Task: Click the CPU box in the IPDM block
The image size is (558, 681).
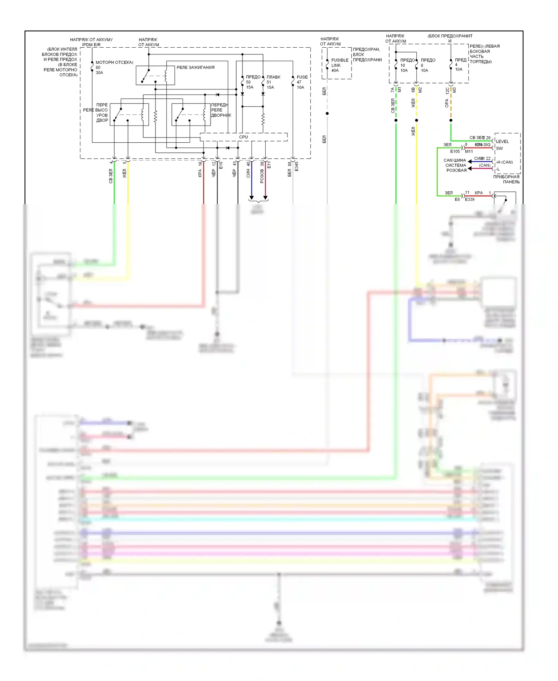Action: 244,137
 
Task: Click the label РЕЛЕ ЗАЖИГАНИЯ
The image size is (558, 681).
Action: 195,67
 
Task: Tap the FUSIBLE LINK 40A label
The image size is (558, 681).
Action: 339,65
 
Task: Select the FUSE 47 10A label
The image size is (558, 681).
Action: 302,82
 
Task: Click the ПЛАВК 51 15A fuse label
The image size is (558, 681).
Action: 273,82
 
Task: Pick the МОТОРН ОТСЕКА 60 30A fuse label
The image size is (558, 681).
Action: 113,67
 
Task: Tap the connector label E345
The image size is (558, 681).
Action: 296,167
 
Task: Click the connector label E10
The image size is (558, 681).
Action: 221,165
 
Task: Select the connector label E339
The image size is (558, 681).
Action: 470,200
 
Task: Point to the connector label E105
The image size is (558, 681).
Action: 455,152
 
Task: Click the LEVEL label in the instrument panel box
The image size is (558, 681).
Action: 502,142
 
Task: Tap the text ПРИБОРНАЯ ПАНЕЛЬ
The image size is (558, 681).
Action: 506,179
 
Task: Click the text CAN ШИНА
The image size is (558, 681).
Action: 455,160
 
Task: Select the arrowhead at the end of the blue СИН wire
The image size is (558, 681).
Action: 251,197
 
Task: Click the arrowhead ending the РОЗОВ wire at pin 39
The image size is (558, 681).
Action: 265,197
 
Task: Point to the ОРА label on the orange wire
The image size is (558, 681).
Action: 447,104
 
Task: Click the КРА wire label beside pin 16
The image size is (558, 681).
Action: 200,173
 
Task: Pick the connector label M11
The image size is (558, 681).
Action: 469,152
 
